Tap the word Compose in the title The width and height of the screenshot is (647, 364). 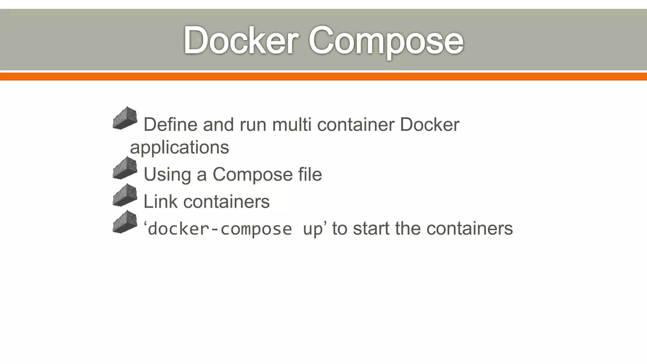tap(386, 41)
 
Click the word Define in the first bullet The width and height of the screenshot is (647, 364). tap(171, 124)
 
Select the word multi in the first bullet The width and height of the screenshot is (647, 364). tap(292, 124)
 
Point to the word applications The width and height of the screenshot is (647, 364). tap(179, 147)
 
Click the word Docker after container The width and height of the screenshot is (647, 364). tap(429, 124)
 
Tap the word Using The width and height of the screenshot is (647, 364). tap(167, 174)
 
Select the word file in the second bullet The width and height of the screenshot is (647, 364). tap(310, 174)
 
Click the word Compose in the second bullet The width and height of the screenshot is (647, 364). tap(252, 174)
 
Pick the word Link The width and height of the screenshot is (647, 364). tap(160, 202)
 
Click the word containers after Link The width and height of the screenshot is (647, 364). tap(227, 202)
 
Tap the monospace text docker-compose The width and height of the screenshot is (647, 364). tap(220, 229)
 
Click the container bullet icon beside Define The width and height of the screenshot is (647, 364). tap(125, 118)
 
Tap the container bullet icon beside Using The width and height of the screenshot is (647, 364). tap(125, 168)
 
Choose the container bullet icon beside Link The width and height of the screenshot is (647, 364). tap(125, 195)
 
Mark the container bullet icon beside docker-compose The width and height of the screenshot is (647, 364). tap(125, 222)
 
